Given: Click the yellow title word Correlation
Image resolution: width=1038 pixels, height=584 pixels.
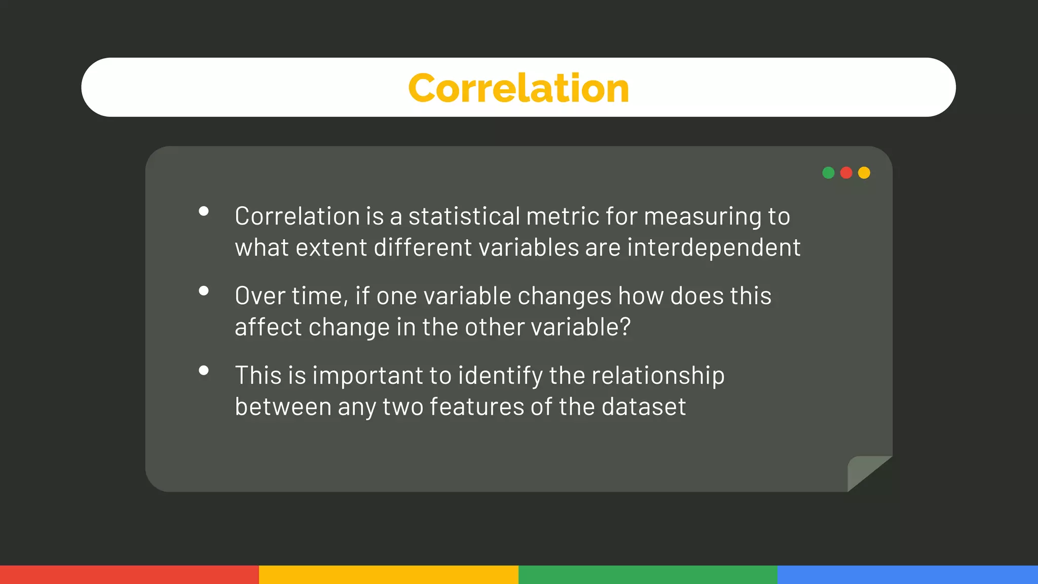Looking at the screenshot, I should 518,88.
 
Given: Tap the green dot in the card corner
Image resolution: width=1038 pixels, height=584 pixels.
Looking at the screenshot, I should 828,173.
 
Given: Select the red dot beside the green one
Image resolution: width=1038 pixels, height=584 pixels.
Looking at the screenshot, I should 846,173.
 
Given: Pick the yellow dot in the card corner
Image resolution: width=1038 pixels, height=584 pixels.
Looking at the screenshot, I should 864,173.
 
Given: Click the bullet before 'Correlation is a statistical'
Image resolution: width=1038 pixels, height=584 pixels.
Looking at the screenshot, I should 204,211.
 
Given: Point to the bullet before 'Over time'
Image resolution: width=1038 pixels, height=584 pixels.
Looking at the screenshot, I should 204,291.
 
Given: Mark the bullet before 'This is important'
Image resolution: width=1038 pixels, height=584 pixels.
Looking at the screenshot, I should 204,371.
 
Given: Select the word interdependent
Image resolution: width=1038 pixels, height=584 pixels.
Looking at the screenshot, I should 714,248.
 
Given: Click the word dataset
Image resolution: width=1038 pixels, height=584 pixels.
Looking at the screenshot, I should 644,407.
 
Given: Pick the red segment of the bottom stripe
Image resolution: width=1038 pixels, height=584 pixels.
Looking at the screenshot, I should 129,575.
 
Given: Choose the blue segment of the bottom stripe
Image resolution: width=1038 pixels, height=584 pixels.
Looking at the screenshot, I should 907,575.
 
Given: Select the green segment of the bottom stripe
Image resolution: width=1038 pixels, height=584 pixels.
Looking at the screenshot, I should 648,575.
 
